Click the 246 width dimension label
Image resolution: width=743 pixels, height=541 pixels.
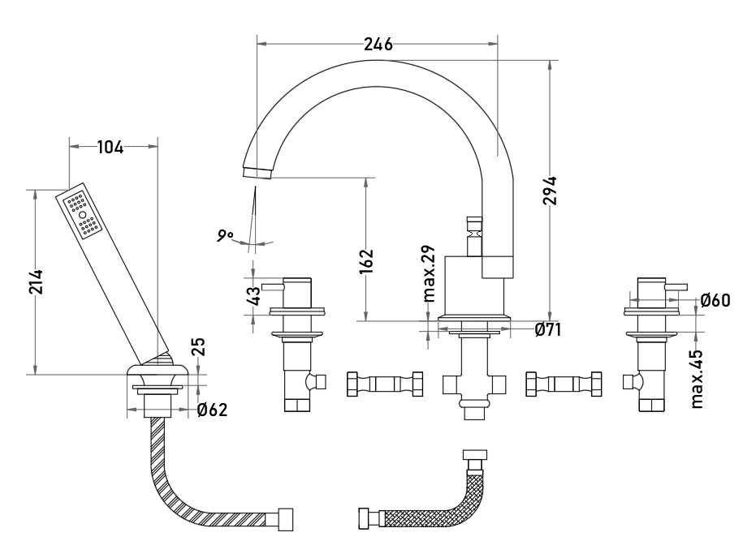tap(378, 44)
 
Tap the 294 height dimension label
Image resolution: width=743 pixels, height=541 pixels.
tap(550, 191)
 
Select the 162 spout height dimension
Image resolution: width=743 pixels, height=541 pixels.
tap(366, 261)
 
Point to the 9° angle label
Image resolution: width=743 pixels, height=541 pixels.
tap(225, 235)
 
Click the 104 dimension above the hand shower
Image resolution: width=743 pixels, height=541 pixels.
tap(110, 147)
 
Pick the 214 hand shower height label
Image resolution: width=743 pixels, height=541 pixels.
tap(36, 281)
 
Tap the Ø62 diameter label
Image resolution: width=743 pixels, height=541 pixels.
tap(212, 410)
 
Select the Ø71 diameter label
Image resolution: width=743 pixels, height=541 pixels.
tap(548, 329)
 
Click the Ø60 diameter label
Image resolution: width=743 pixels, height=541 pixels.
tap(715, 300)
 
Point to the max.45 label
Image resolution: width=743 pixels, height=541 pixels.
tap(696, 379)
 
